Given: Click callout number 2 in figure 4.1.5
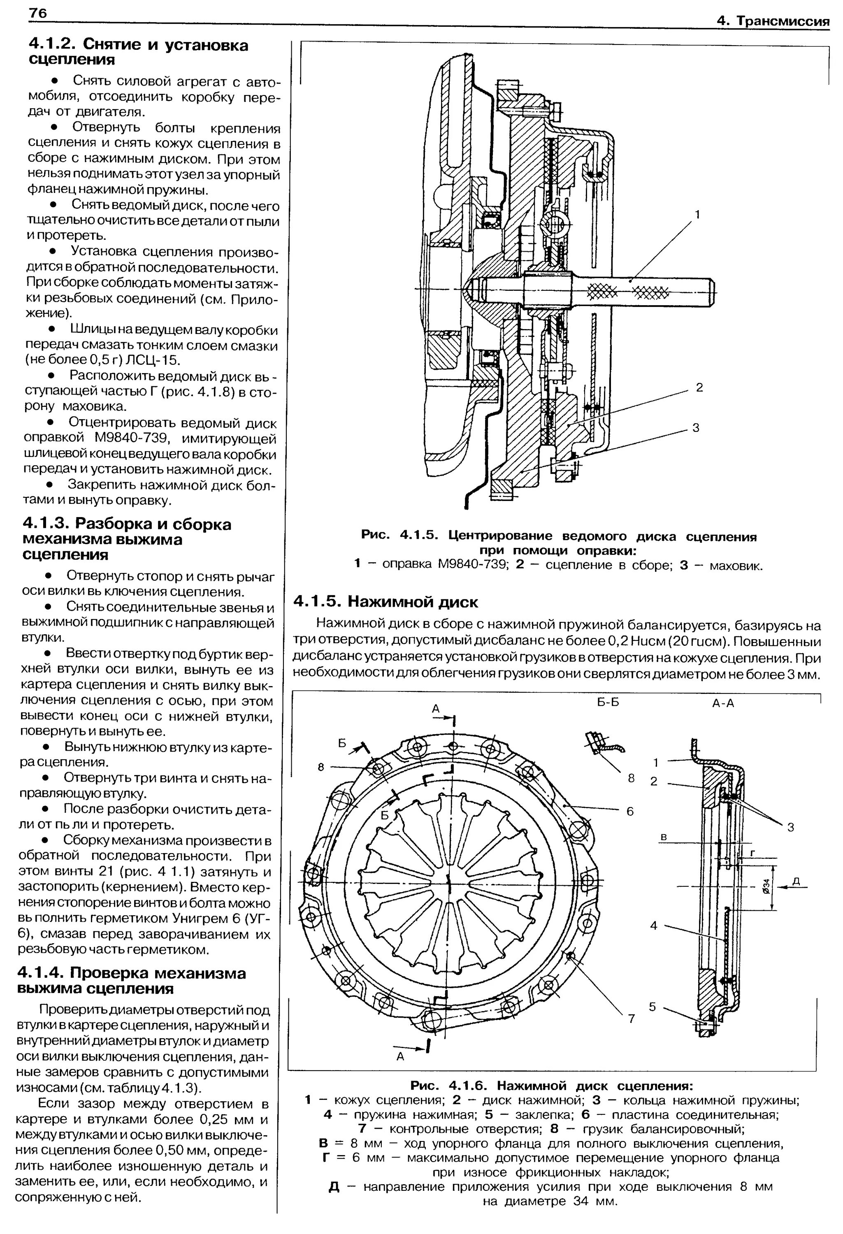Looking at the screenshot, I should pyautogui.click(x=699, y=387).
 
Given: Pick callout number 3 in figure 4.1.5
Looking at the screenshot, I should pyautogui.click(x=696, y=428).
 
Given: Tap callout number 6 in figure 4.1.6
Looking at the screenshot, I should pyautogui.click(x=630, y=811).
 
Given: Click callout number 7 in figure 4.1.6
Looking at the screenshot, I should pyautogui.click(x=631, y=1019).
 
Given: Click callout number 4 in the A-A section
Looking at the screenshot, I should pyautogui.click(x=654, y=925).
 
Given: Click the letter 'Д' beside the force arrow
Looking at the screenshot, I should pyautogui.click(x=797, y=881).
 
